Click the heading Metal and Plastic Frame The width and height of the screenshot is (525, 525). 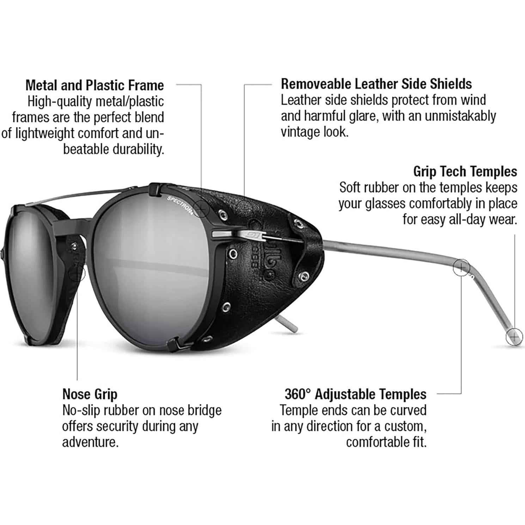(x=94, y=85)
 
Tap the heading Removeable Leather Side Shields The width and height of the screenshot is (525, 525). (x=376, y=84)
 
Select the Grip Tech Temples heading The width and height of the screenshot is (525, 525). (x=465, y=172)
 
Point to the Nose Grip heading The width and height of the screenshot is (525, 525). (x=90, y=394)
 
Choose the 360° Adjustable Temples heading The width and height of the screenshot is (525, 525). (x=355, y=394)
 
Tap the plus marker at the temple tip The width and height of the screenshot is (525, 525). (x=514, y=337)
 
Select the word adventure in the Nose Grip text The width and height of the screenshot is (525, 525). (x=89, y=442)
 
